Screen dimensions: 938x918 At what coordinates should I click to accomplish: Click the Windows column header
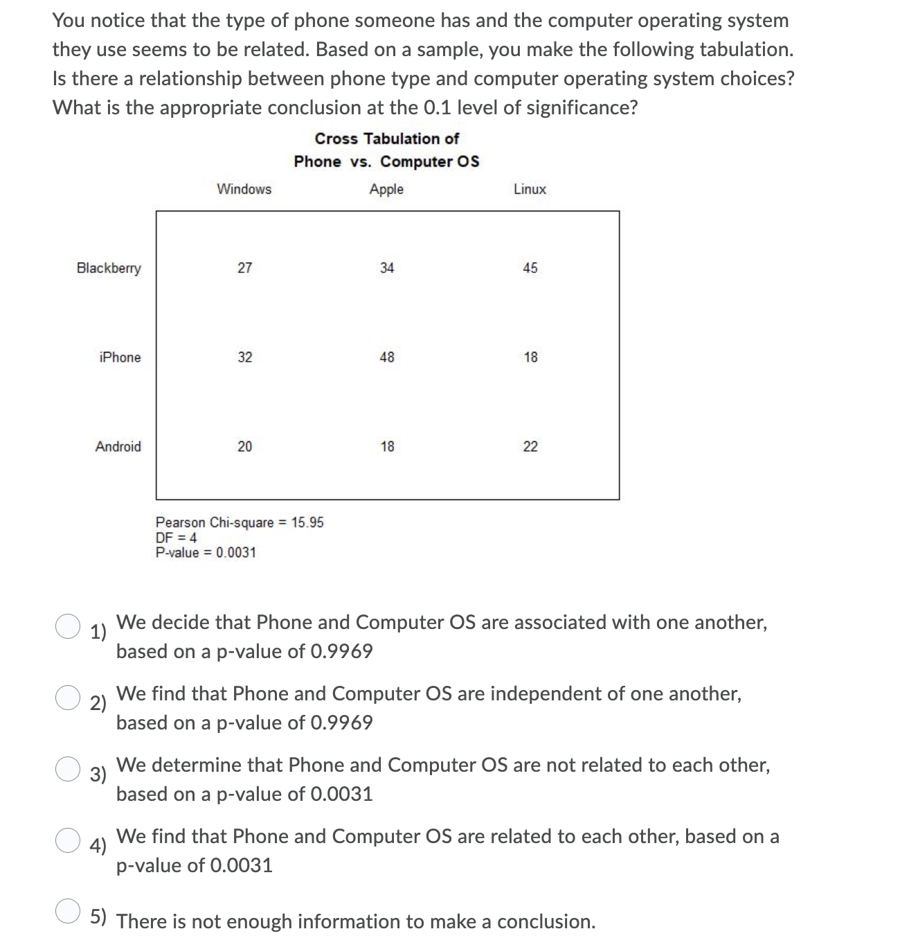point(244,189)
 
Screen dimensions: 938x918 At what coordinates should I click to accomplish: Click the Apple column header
point(386,189)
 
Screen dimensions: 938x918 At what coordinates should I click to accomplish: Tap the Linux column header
point(530,189)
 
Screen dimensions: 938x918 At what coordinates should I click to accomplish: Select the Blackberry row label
point(109,268)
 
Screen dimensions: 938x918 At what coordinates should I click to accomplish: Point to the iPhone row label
point(120,357)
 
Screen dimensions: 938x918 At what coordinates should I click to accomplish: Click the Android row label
point(118,447)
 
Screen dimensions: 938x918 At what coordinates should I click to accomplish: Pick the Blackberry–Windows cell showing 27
point(245,268)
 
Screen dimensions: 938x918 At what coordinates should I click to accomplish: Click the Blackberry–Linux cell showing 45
point(530,268)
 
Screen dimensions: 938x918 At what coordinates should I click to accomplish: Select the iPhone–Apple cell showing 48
point(387,357)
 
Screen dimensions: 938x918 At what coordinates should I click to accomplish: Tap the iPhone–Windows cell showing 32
point(245,357)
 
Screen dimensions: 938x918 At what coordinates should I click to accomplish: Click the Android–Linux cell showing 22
point(530,447)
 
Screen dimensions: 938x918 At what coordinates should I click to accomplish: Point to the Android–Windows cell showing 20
point(245,447)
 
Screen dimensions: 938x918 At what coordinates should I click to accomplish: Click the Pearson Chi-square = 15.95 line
point(240,522)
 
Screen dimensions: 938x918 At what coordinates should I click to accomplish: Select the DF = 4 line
point(177,538)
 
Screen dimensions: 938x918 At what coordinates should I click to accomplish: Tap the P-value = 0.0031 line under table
point(206,553)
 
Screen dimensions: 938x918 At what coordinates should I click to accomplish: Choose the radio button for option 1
point(68,626)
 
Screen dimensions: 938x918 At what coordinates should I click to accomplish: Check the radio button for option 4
point(68,840)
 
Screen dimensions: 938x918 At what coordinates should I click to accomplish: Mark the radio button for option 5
point(68,911)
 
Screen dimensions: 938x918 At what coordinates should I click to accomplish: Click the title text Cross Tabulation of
point(386,139)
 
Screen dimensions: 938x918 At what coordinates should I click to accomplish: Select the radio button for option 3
point(68,768)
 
